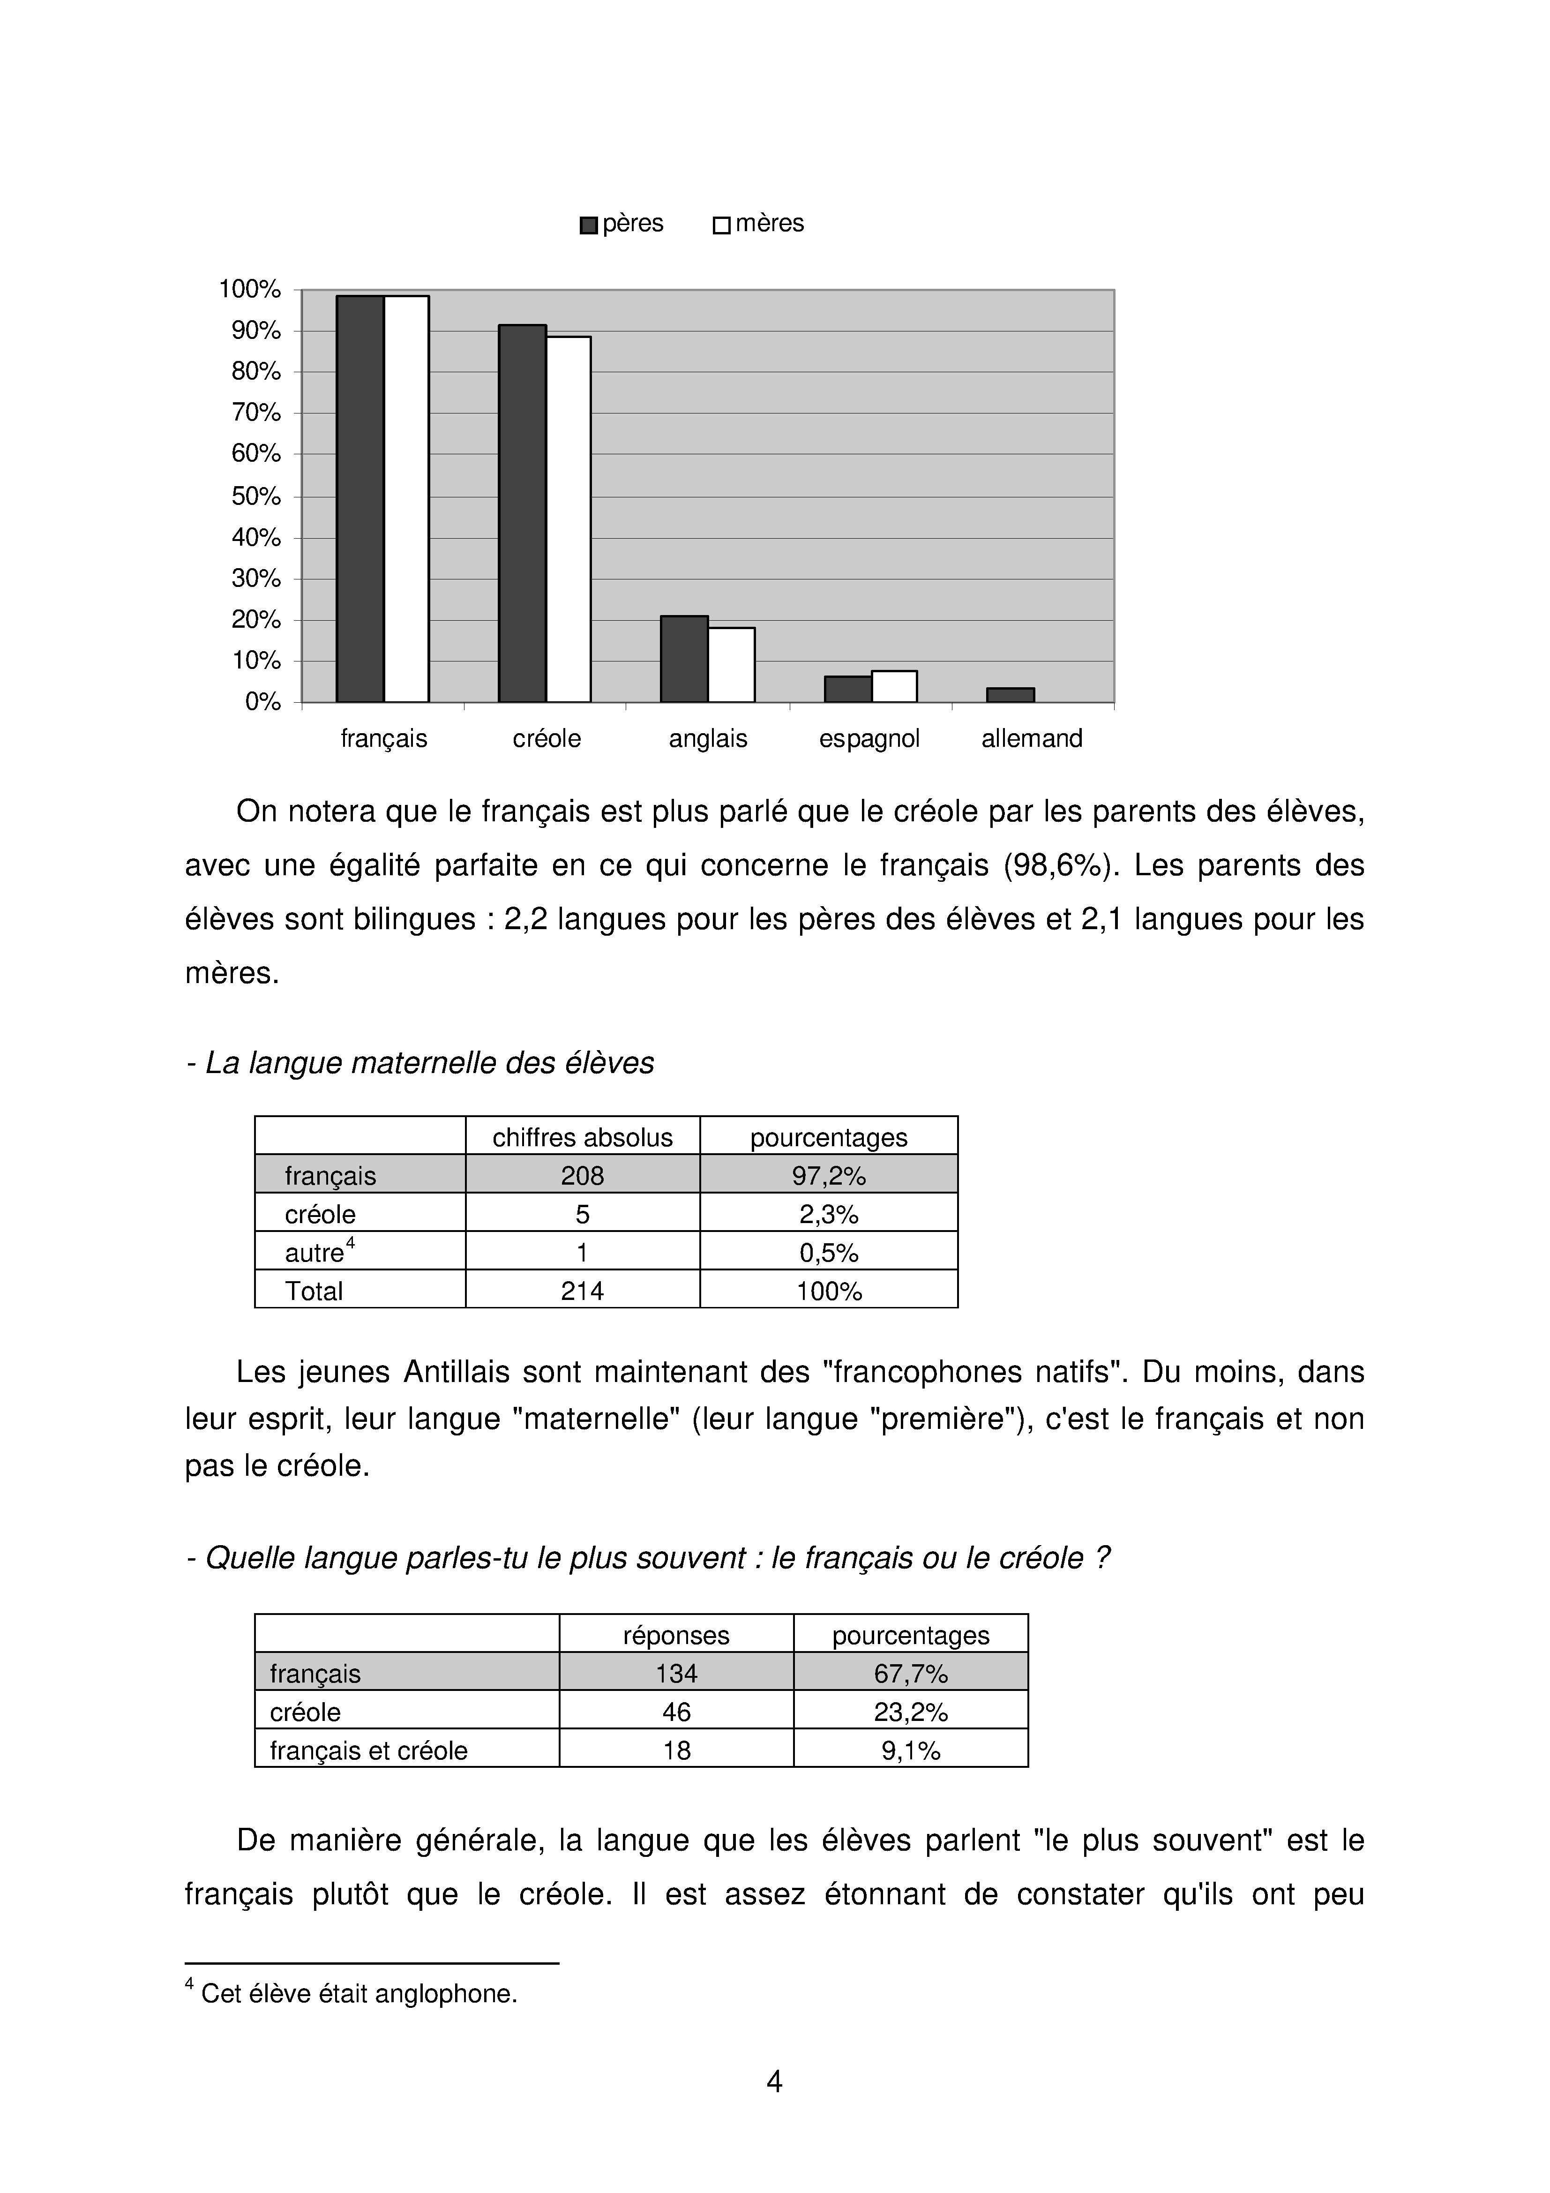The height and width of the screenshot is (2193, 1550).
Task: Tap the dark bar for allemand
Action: (1011, 695)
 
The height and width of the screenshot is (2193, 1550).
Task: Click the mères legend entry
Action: (759, 224)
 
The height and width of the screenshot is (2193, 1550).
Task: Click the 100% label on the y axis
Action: (250, 289)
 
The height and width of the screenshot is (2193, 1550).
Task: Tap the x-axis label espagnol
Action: (869, 738)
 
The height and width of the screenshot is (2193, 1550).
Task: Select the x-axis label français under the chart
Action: (384, 738)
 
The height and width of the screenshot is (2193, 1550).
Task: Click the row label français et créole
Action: (369, 1751)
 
